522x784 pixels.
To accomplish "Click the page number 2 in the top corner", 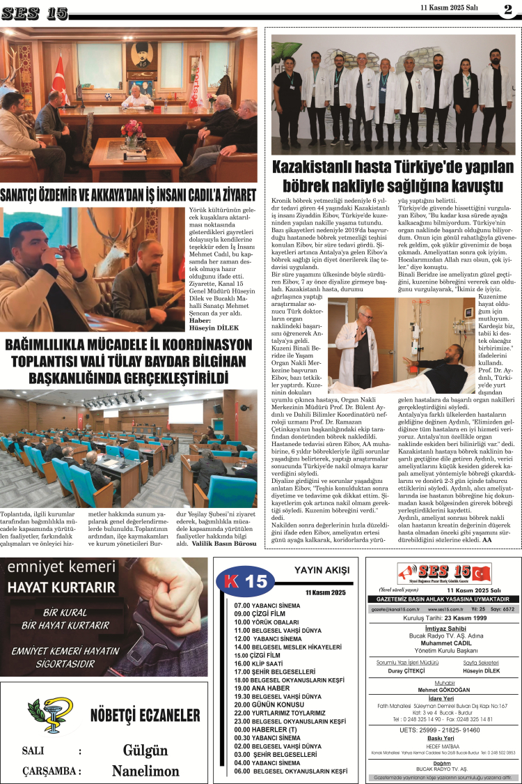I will (507, 9).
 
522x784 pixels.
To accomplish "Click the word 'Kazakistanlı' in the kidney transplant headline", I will (317, 169).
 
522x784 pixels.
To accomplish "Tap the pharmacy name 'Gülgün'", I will (145, 751).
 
